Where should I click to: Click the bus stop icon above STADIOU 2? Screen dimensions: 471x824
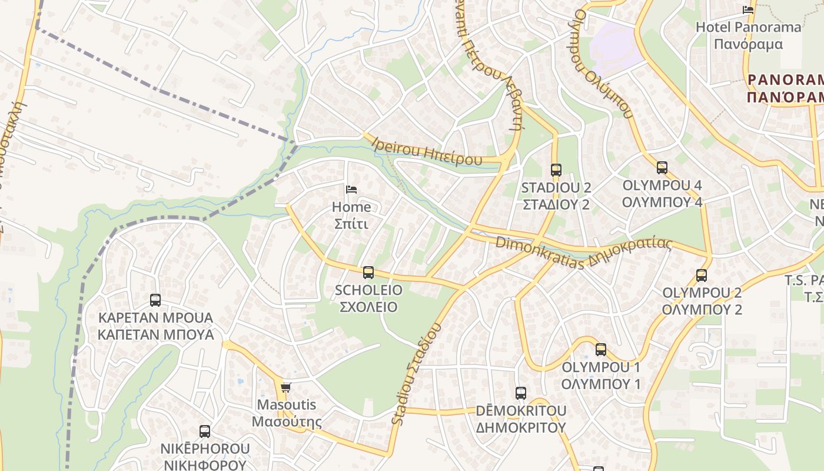[556, 170]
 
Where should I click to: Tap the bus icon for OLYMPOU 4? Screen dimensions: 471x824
[662, 168]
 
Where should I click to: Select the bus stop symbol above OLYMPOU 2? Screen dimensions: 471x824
[701, 275]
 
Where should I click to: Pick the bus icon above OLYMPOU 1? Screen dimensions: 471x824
[600, 349]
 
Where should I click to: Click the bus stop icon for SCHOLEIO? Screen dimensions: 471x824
[368, 272]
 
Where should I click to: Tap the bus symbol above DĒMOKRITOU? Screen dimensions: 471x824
[521, 393]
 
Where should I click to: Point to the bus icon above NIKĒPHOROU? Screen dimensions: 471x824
[205, 431]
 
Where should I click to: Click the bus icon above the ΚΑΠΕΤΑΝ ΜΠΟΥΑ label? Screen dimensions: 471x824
[155, 300]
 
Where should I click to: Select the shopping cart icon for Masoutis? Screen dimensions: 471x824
[286, 387]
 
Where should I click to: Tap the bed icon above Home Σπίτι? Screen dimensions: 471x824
[351, 189]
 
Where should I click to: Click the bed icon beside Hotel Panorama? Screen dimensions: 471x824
[748, 9]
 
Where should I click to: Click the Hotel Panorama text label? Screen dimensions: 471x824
[748, 27]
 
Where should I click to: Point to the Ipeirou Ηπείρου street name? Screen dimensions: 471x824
[427, 151]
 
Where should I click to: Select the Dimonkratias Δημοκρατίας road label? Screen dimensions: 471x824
[583, 251]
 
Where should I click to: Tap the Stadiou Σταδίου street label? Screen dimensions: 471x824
[416, 373]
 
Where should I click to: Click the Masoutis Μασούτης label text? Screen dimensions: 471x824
[287, 413]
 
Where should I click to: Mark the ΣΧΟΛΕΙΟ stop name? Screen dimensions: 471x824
[368, 307]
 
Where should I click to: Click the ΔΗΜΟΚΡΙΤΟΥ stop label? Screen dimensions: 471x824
[521, 427]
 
